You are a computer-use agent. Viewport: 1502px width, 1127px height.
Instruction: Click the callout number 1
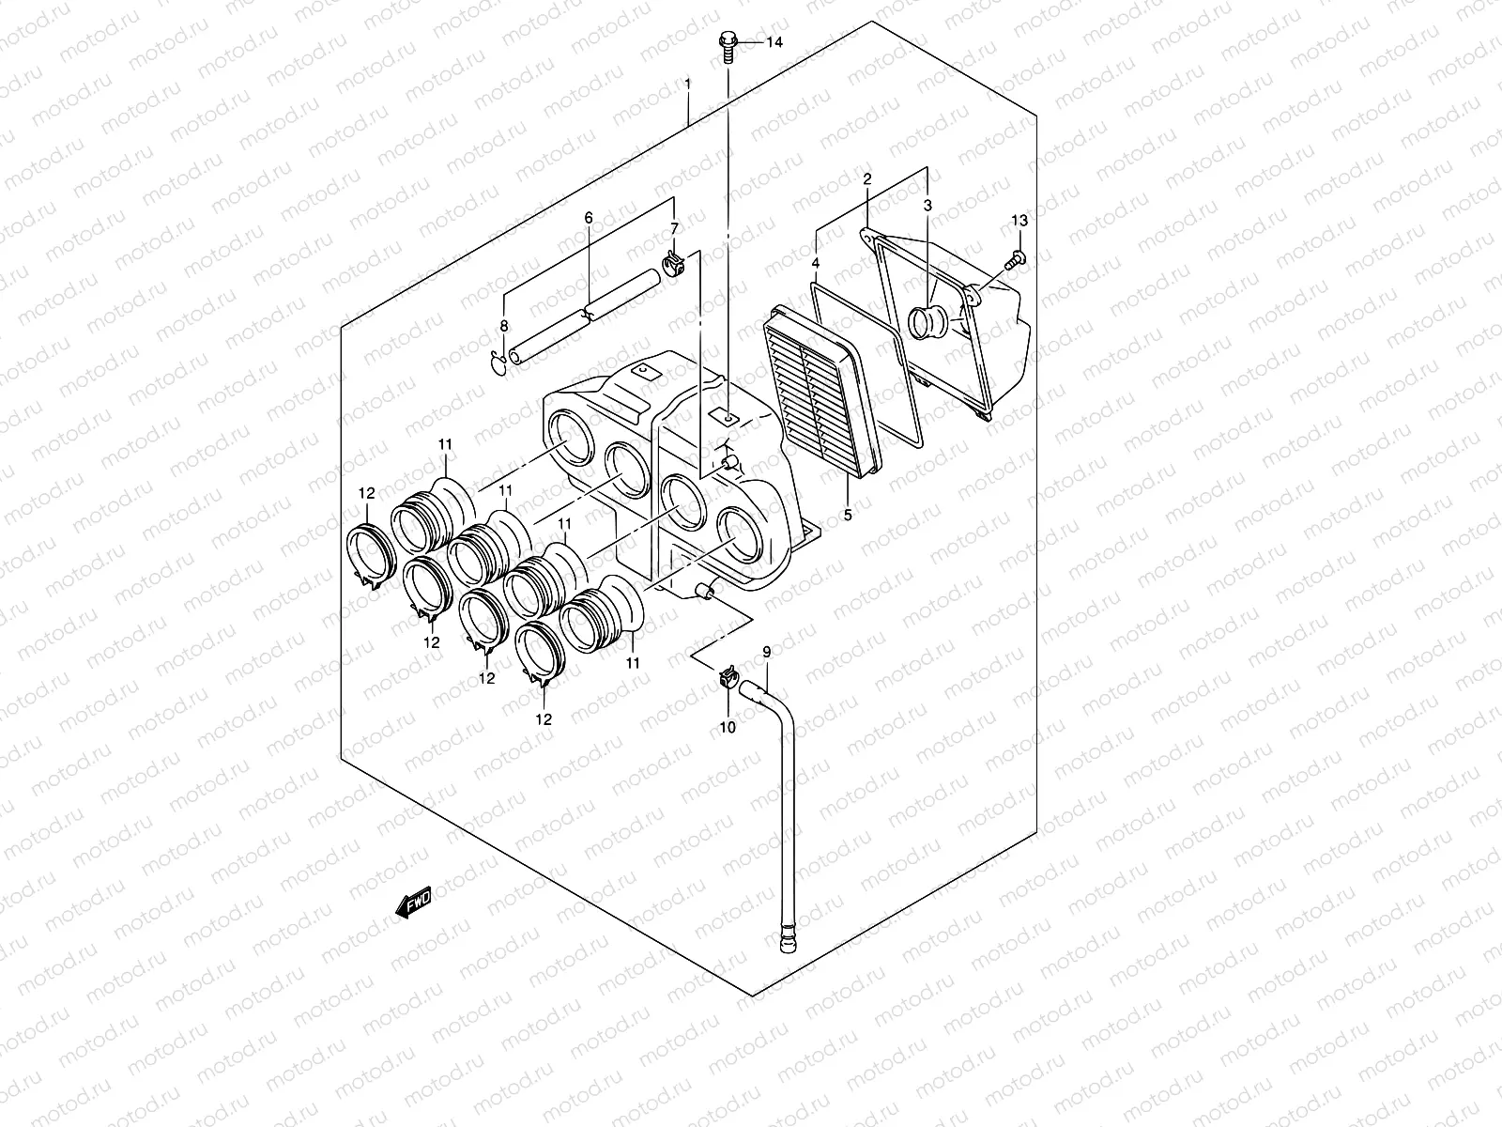pos(688,85)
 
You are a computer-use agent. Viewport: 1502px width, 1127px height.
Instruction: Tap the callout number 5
pos(848,516)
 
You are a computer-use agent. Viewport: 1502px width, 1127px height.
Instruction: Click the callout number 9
pos(766,652)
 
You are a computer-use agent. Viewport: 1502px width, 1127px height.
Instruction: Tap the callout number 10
pos(728,726)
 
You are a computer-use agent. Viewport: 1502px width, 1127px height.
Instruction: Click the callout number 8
pos(503,326)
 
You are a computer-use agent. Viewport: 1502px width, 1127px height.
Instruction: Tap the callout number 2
pos(866,178)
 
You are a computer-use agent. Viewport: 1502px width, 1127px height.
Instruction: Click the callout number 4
pos(816,264)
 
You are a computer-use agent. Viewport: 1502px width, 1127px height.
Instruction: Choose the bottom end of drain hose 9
pos(785,939)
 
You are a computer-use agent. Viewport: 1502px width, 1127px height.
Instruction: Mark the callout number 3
pos(927,205)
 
